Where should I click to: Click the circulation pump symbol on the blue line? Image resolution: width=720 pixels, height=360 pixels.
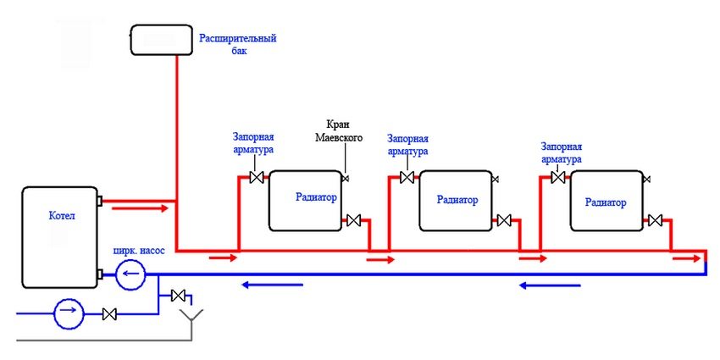coord(131,274)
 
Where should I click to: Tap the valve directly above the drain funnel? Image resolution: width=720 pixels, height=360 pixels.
coord(179,296)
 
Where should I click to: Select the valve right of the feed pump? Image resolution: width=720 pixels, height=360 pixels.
coord(109,314)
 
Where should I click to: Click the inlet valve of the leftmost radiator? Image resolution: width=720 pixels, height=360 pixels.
coord(257,177)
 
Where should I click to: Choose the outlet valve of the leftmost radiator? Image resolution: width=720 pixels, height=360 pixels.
coord(354,221)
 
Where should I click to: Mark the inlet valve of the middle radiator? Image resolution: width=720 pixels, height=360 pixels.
coord(407,177)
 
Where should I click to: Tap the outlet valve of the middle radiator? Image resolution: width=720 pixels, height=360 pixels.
coord(504,221)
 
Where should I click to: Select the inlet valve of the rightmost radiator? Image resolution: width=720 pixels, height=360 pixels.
coord(558,177)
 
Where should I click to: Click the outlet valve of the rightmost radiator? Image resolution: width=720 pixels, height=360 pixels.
coord(655,221)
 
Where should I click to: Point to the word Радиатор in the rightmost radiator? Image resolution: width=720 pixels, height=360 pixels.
coord(606,202)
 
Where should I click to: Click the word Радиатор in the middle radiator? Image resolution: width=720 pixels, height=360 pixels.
coord(457,201)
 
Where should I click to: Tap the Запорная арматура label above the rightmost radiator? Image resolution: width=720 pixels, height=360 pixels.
coord(562,152)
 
